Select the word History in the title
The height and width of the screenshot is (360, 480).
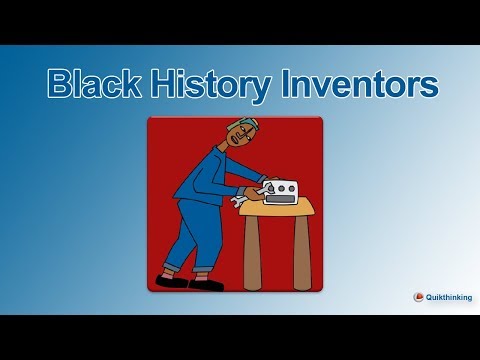(209, 85)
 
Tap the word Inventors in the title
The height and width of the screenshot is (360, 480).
(356, 85)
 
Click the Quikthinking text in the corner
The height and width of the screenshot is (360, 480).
(448, 296)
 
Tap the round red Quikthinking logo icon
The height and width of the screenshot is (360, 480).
(418, 296)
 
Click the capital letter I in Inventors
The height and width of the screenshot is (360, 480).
(280, 85)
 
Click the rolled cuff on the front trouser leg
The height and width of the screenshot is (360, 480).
(205, 272)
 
